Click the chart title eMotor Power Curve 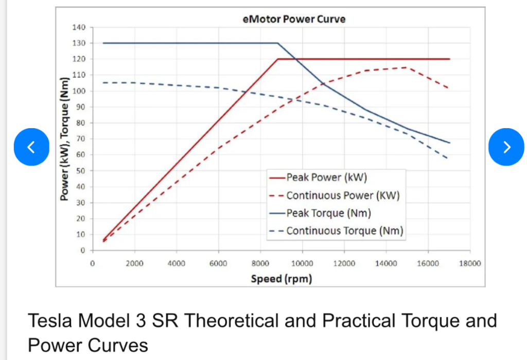pos(294,20)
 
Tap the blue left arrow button pos(31,147)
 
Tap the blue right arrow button pos(506,147)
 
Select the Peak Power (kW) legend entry pos(326,178)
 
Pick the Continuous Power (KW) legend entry pos(343,195)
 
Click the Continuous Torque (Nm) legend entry pos(345,230)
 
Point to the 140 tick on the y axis pos(78,27)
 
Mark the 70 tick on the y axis pos(80,139)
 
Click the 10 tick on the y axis pos(80,235)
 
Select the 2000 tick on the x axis pos(134,263)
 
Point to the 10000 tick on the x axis pos(302,263)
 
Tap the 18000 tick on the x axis pos(470,263)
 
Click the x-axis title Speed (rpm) pos(282,279)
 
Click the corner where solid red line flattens pos(278,59)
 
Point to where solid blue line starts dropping pos(278,43)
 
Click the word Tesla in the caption pos(49,321)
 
